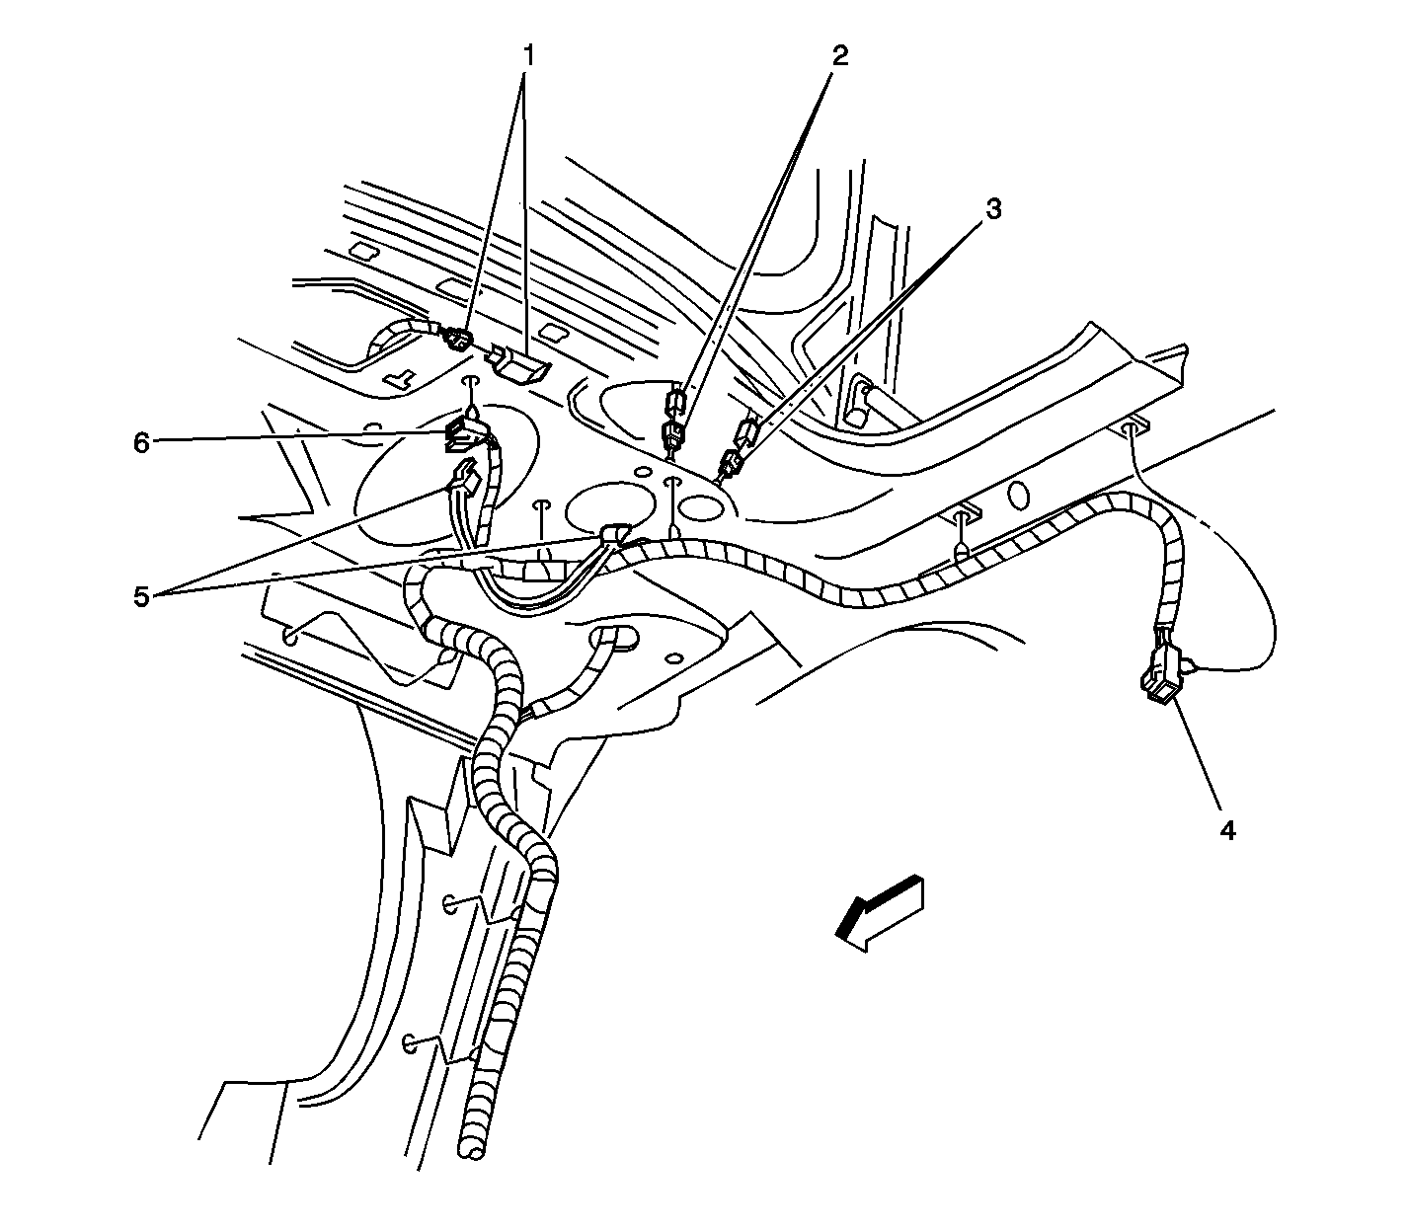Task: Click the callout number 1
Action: tap(528, 56)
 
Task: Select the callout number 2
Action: tap(839, 56)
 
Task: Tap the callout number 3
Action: tap(993, 209)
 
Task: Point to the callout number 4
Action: tap(1227, 831)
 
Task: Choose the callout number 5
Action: tap(141, 596)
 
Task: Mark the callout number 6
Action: tap(141, 443)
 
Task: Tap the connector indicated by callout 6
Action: tap(466, 436)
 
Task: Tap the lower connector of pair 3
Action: tap(731, 464)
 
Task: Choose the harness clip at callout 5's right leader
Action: tap(614, 534)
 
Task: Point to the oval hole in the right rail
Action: tap(1018, 496)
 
